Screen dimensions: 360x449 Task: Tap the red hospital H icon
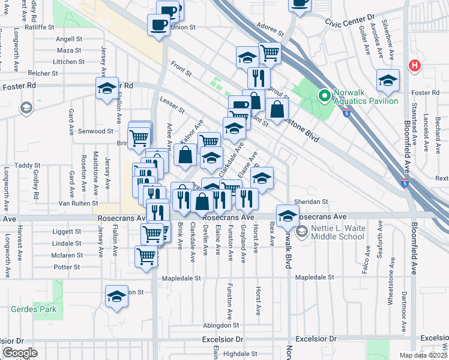coord(414,66)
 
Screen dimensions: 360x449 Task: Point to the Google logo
coord(20,352)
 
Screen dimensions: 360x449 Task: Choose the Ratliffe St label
coord(40,27)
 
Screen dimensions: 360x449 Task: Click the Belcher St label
coord(43,73)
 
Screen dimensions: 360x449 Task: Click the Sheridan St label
coord(311,202)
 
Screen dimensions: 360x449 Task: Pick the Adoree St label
coord(269,28)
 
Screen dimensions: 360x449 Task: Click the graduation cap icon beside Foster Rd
coord(107,88)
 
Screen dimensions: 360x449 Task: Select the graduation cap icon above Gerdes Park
coord(116,296)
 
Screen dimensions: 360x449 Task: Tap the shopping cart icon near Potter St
coord(146,256)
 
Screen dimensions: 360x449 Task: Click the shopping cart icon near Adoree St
coord(270,52)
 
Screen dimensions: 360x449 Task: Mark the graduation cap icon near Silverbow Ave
coord(388,80)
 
